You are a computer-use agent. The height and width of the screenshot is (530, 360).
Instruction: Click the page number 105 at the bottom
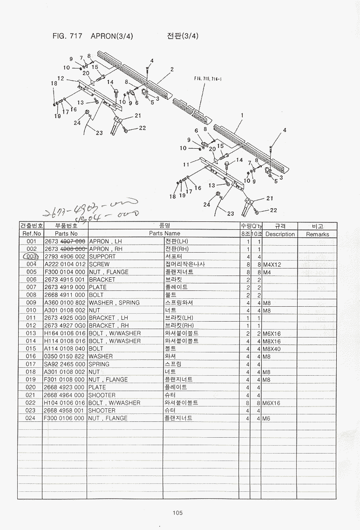pos(177,513)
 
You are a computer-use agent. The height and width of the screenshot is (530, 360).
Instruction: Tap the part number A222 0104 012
pos(65,264)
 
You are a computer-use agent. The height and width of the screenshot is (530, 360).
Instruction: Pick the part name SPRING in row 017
pos(99,364)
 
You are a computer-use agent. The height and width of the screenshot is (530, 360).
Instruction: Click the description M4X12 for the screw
pos(272,264)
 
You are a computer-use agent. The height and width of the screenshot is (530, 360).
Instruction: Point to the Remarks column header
pos(318,234)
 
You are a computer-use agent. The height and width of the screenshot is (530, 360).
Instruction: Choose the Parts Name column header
pos(164,233)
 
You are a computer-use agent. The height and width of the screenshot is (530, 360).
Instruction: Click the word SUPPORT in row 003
pos(102,257)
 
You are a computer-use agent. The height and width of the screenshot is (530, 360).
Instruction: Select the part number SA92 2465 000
pos(65,364)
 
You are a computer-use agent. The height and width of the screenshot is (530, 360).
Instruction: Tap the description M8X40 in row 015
pos(272,349)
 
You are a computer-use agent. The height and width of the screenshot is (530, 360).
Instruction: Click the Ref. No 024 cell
pos(31,418)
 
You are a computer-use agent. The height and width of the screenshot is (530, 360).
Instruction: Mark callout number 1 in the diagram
pos(242,115)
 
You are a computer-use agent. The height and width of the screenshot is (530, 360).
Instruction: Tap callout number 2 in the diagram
pos(172,69)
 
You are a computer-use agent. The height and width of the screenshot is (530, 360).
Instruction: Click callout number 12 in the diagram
pos(61,78)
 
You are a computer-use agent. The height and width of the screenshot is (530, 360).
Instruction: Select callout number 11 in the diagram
pos(186,164)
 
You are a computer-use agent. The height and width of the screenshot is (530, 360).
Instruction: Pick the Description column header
pos(280,234)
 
